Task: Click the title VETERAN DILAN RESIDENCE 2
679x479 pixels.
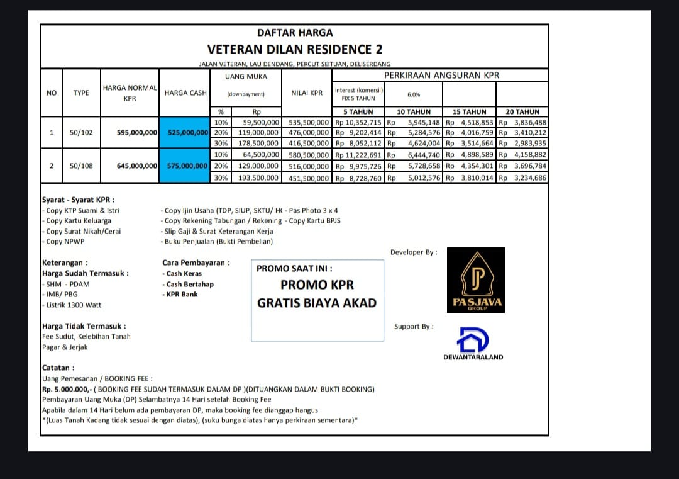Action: pos(295,49)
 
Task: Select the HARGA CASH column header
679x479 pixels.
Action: pos(185,93)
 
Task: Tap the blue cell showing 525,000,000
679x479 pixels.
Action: pos(188,133)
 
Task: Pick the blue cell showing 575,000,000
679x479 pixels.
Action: pos(188,166)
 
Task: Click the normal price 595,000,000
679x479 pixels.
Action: pos(137,133)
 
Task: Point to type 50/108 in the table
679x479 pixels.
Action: pos(81,166)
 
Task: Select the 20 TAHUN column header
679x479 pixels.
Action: pos(522,111)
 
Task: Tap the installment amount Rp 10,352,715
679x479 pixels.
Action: pos(358,122)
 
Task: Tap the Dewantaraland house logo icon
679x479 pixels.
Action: pos(473,340)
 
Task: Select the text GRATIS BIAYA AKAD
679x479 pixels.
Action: pos(317,303)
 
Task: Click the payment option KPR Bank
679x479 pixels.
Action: pos(181,294)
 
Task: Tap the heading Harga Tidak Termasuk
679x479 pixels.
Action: pos(84,326)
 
